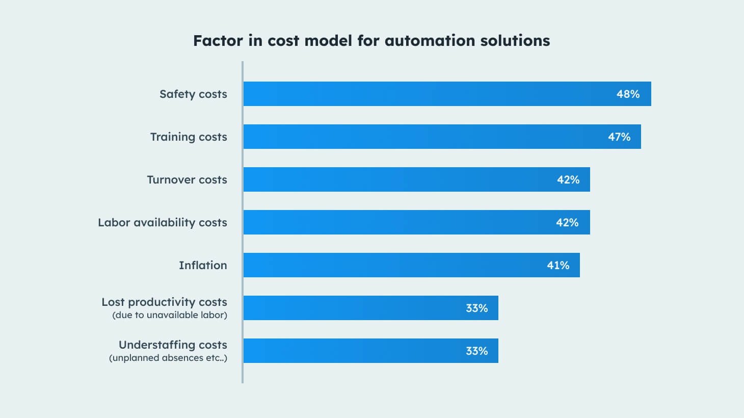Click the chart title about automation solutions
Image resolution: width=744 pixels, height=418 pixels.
371,41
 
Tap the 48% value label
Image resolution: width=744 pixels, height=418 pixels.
628,94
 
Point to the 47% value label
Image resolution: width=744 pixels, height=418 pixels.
619,137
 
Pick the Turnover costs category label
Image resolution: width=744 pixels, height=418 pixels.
187,179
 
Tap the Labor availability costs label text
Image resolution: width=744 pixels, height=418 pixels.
163,222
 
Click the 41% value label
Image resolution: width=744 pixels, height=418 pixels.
558,265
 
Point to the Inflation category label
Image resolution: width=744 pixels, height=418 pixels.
203,265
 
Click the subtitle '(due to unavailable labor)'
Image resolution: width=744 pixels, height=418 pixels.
170,315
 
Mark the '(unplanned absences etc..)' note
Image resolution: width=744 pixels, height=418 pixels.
168,358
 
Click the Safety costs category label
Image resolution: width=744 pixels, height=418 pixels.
193,94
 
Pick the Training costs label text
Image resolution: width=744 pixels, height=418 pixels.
189,137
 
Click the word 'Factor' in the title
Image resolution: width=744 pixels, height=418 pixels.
218,41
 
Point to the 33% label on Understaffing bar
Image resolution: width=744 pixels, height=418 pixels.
476,351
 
